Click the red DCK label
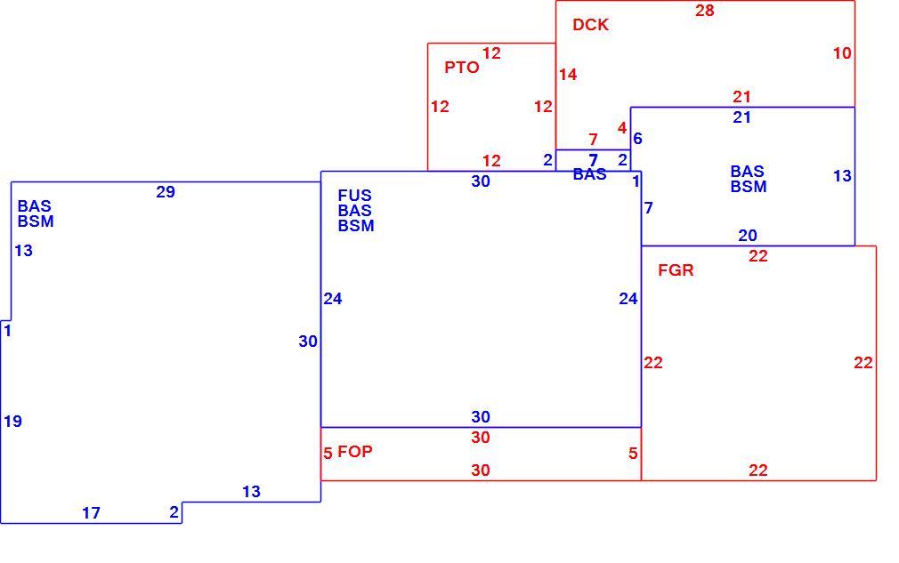pos(590,25)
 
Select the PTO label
pos(462,68)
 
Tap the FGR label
pos(676,270)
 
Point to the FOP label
pos(355,452)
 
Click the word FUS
pos(354,196)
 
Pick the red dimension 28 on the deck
pos(705,11)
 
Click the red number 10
pos(842,53)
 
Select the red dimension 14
pos(568,75)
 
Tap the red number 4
pos(622,128)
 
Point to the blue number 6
pos(637,139)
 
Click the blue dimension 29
pos(166,192)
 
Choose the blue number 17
pos(91,513)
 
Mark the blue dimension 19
pos(12,422)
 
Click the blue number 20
pos(748,236)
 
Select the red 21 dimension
pos(742,97)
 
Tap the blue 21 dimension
pos(742,117)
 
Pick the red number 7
pos(594,139)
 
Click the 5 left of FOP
pos(328,454)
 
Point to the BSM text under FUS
pos(356,226)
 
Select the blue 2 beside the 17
pos(174,512)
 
